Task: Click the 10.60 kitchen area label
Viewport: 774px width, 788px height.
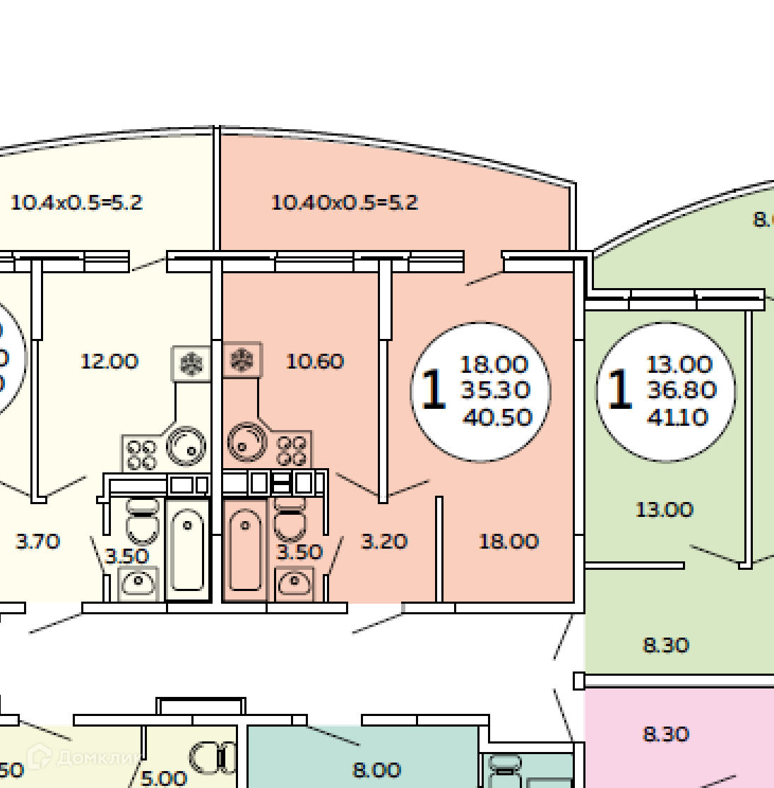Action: click(315, 362)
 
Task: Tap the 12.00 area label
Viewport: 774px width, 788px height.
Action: click(109, 362)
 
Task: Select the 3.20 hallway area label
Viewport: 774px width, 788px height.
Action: click(384, 542)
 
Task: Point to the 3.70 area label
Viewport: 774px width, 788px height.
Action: click(38, 542)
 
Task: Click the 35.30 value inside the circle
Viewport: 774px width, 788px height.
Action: click(495, 390)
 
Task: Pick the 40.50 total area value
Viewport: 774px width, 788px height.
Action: click(497, 417)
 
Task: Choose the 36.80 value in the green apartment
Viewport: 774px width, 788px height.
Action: click(681, 390)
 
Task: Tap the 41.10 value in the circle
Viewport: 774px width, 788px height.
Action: click(677, 417)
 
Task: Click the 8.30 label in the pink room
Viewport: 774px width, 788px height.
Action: click(666, 734)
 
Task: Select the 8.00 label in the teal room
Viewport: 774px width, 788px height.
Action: click(376, 770)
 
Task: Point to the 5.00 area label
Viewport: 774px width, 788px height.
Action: click(163, 778)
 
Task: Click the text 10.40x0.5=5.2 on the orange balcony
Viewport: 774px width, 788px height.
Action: click(345, 203)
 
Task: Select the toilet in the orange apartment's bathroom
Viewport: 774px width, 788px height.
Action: click(290, 520)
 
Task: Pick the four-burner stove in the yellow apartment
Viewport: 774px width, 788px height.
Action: click(141, 453)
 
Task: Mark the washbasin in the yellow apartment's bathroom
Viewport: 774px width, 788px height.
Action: click(138, 583)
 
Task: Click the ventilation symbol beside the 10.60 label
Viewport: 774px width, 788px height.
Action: click(242, 360)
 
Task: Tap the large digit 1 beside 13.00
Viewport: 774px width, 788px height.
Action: click(619, 390)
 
